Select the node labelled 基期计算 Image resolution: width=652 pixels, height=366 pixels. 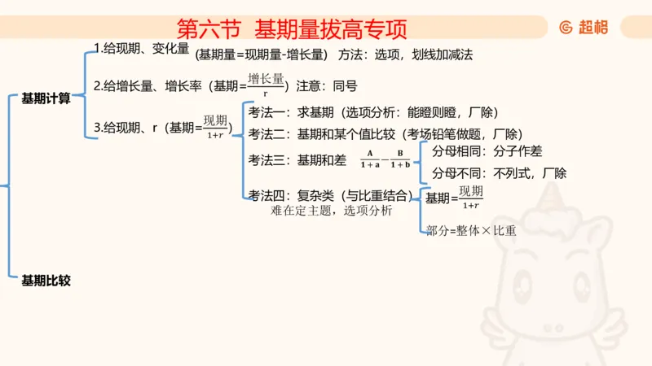46,98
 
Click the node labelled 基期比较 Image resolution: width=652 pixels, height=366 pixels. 46,281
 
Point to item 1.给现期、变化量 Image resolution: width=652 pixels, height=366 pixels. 141,49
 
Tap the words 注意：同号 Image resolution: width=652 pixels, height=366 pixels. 327,85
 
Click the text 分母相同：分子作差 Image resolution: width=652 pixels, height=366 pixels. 487,151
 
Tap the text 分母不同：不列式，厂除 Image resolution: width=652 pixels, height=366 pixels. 498,173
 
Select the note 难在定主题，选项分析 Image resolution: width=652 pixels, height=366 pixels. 331,210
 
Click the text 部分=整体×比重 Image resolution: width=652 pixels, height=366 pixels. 471,230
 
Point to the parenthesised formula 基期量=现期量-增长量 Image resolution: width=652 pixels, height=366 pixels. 260,55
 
